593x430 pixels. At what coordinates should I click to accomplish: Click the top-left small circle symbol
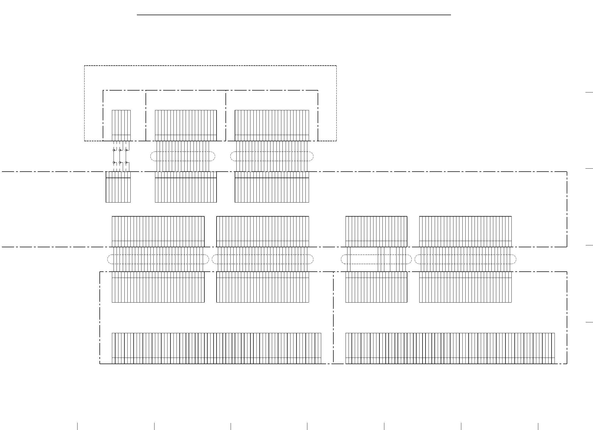[x=114, y=150]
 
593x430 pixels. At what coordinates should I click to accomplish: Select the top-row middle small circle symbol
[x=120, y=150]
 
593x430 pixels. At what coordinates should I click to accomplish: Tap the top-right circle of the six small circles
[x=126, y=150]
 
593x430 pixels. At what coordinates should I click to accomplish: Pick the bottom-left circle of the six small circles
[x=114, y=162]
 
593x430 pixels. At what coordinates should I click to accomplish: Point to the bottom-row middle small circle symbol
[x=120, y=162]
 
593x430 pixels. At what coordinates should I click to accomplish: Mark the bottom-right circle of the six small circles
[x=126, y=162]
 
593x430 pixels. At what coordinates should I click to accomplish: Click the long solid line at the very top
[x=294, y=15]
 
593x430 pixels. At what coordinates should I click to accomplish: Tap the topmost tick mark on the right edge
[x=589, y=92]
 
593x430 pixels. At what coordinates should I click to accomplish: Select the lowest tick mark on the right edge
[x=589, y=322]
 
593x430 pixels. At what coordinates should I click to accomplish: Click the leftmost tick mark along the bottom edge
[x=78, y=426]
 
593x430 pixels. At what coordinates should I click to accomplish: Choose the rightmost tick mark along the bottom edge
[x=538, y=426]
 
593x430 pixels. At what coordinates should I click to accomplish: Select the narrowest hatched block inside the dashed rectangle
[x=121, y=125]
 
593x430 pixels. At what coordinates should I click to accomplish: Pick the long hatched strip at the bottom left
[x=216, y=348]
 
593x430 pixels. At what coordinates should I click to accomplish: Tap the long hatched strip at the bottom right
[x=450, y=348]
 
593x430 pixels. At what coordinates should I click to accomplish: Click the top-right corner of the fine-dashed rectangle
[x=336, y=66]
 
